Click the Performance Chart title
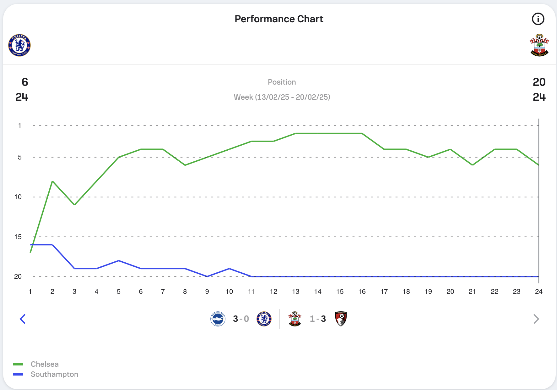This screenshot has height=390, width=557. pyautogui.click(x=279, y=19)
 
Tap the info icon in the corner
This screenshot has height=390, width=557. pyautogui.click(x=538, y=19)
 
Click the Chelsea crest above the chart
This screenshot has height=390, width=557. pyautogui.click(x=19, y=45)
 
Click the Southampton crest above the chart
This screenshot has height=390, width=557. pyautogui.click(x=539, y=45)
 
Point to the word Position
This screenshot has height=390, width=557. pyautogui.click(x=282, y=82)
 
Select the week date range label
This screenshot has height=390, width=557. pyautogui.click(x=282, y=97)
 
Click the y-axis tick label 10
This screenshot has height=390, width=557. pyautogui.click(x=18, y=197)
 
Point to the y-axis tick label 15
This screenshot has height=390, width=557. pyautogui.click(x=18, y=237)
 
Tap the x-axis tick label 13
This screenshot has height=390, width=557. pyautogui.click(x=295, y=292)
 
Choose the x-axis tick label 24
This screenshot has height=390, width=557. pyautogui.click(x=538, y=292)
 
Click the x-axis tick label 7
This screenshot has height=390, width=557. pyautogui.click(x=163, y=292)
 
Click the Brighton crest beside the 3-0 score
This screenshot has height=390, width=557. pyautogui.click(x=218, y=319)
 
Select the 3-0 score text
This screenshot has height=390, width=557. pyautogui.click(x=241, y=319)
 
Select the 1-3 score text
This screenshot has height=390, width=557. pyautogui.click(x=318, y=319)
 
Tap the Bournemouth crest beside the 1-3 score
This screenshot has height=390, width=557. pyautogui.click(x=341, y=319)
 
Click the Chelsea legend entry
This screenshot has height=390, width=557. pyautogui.click(x=45, y=364)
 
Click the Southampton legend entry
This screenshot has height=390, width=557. pyautogui.click(x=54, y=374)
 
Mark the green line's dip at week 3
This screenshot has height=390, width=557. pyautogui.click(x=74, y=205)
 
